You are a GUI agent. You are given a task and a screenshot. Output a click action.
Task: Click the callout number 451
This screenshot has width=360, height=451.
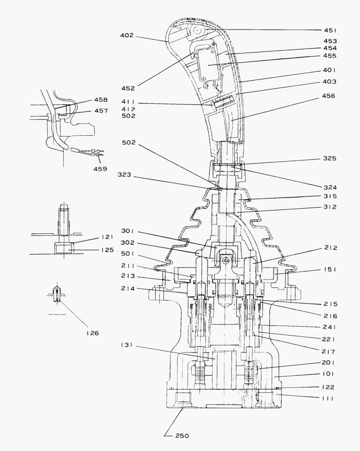coord(330,30)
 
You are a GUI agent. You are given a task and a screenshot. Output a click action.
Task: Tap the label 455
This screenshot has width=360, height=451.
coord(330,56)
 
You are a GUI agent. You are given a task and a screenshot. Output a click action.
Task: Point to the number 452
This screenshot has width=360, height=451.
coord(128,88)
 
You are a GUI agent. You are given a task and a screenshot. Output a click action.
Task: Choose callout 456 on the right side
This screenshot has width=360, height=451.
coord(329,96)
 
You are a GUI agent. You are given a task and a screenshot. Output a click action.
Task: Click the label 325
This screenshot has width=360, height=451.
coord(330,159)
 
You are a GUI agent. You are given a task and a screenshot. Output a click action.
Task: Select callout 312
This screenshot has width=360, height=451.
coord(330,207)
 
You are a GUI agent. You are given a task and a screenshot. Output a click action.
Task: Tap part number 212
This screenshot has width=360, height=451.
coord(330,248)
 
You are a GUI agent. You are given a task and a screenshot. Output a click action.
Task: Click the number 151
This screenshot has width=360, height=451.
coord(330,269)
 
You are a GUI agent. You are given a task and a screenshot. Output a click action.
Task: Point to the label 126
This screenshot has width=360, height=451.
coord(92,333)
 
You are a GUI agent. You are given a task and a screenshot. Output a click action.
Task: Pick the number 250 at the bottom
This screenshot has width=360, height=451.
coord(182,436)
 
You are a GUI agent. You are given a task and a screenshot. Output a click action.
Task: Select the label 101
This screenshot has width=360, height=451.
coord(328,374)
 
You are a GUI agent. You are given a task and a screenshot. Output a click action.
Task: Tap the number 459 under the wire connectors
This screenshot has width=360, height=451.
coord(100,169)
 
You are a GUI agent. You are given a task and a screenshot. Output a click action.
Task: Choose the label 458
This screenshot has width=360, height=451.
coord(101,100)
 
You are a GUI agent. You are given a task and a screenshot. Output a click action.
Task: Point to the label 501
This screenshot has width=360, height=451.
coord(128,253)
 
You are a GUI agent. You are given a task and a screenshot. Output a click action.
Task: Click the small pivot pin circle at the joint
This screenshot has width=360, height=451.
coord(226,260)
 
